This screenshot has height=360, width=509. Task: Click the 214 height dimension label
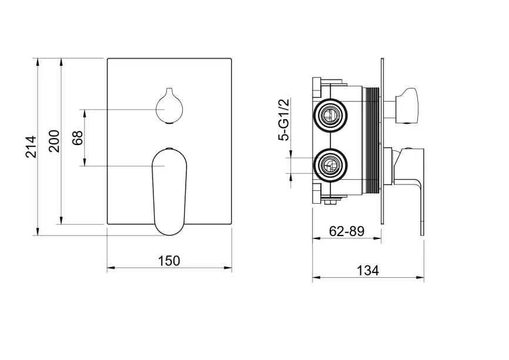[32, 147]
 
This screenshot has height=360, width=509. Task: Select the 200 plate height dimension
[54, 141]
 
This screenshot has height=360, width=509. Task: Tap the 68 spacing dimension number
[78, 138]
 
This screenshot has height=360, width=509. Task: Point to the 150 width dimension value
[169, 261]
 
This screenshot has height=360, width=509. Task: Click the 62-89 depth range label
[347, 231]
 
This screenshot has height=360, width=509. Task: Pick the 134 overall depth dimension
[368, 270]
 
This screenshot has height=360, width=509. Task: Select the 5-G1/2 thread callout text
[283, 120]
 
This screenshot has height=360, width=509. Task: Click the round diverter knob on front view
[169, 106]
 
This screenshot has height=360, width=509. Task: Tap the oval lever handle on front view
[169, 191]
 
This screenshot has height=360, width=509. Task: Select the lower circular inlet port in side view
[330, 165]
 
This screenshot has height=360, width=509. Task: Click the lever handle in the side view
[408, 181]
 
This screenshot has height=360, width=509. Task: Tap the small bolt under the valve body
[331, 203]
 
